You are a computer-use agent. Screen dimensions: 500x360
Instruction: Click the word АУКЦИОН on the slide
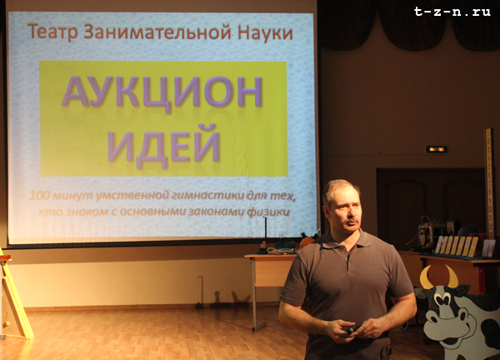(x=162, y=92)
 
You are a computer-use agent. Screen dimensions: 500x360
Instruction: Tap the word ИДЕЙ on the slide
(x=163, y=145)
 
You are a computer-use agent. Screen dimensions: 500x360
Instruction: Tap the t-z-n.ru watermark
(x=452, y=12)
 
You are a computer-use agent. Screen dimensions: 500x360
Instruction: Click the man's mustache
(x=352, y=220)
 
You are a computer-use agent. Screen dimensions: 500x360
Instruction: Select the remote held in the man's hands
(x=350, y=329)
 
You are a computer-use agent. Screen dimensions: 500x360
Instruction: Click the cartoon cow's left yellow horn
(x=427, y=278)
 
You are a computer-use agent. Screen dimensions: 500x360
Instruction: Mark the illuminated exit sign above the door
(x=437, y=149)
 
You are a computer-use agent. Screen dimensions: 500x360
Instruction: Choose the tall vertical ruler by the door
(x=489, y=184)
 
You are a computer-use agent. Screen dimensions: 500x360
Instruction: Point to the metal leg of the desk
(x=255, y=293)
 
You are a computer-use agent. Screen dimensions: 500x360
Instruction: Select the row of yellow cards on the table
(x=457, y=245)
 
